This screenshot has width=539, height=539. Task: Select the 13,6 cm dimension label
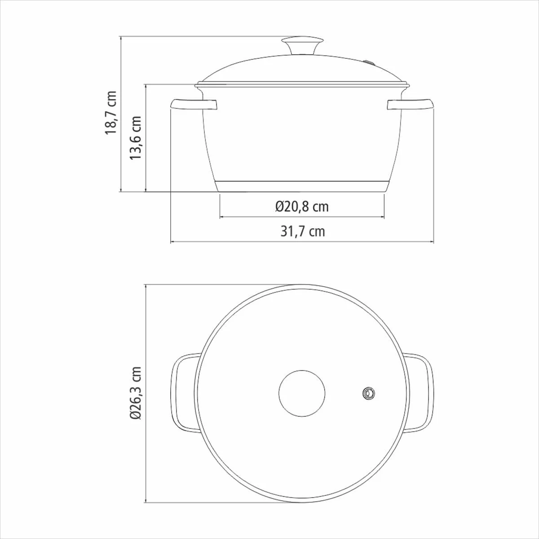coord(136,137)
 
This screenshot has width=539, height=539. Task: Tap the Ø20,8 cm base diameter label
coord(302,207)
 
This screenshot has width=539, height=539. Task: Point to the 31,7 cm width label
coord(303,232)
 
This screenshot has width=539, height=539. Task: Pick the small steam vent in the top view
coord(368,393)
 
